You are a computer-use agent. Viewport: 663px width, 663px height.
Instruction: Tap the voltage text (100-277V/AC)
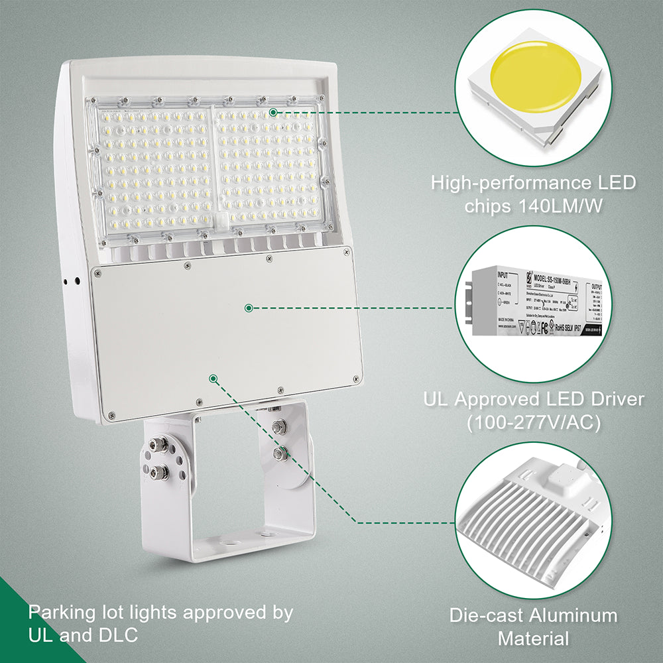pos(534,422)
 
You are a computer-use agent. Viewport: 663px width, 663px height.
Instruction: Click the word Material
pos(533,638)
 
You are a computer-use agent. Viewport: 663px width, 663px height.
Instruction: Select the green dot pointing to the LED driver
pos(249,308)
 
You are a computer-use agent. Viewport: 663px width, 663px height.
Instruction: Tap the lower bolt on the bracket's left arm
pos(159,472)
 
